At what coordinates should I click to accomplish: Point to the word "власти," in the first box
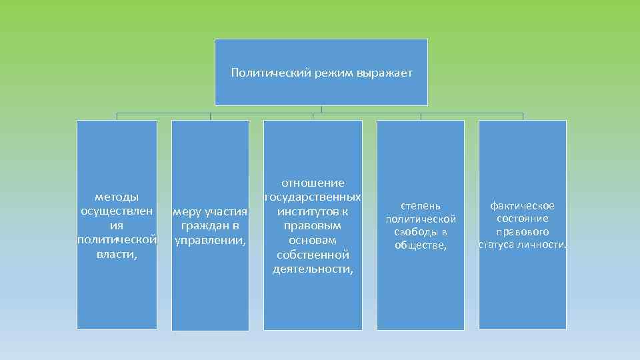[x=117, y=254]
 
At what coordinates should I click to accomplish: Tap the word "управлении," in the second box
[x=210, y=240]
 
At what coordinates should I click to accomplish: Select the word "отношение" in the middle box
[x=313, y=183]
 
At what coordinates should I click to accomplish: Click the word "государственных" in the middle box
[x=313, y=197]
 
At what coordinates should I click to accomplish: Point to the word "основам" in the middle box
[x=313, y=240]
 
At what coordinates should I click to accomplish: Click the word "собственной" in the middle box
[x=313, y=255]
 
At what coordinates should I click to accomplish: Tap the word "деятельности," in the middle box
[x=313, y=269]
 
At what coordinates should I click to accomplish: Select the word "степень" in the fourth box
[x=420, y=205]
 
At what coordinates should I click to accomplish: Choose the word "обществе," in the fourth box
[x=420, y=245]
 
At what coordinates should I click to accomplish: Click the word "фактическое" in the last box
[x=522, y=205]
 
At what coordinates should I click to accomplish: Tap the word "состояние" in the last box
[x=522, y=219]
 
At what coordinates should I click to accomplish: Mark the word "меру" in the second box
[x=187, y=212]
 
